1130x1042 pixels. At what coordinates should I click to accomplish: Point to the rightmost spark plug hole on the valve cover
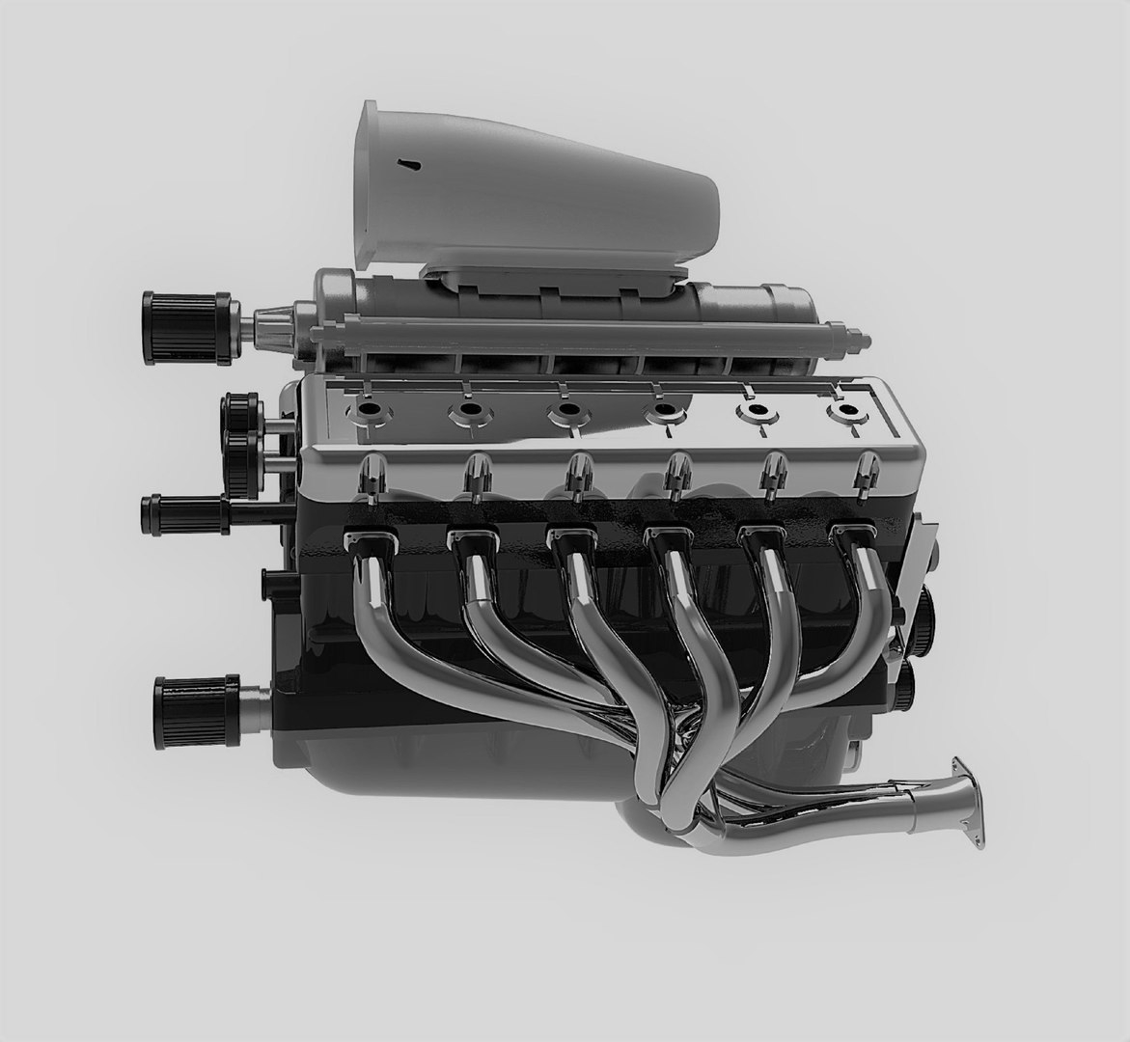pos(846,411)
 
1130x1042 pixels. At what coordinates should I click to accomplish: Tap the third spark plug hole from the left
pos(565,412)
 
